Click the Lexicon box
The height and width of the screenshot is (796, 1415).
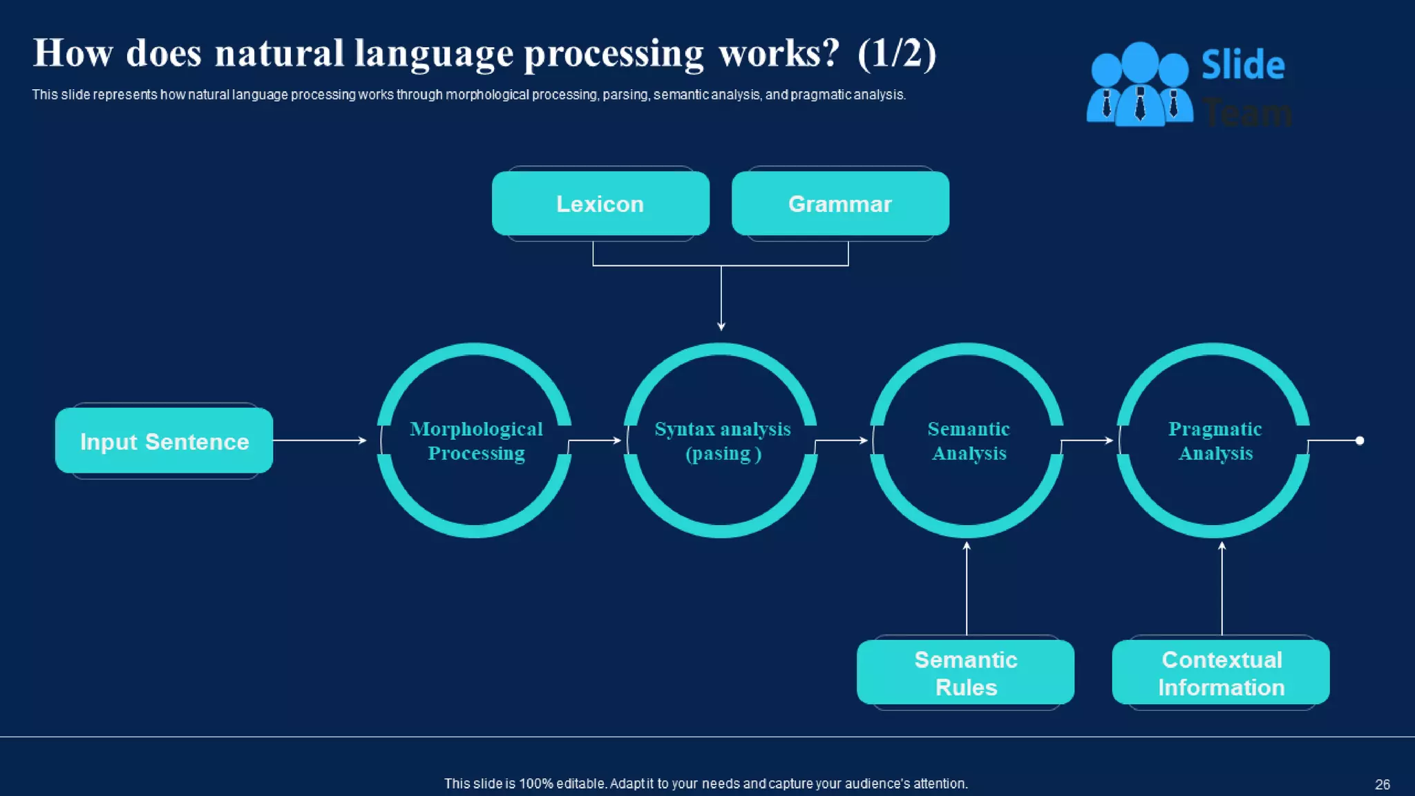click(600, 204)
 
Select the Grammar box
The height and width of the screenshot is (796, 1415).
click(840, 204)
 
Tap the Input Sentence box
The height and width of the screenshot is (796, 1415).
click(164, 441)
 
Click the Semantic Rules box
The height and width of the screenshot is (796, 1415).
click(965, 673)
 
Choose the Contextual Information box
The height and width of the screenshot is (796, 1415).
click(1221, 673)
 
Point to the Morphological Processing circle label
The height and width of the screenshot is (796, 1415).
click(476, 441)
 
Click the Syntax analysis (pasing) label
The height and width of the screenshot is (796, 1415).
click(723, 441)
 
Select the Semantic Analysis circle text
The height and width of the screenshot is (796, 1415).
click(969, 441)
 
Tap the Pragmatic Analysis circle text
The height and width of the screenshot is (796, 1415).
click(1215, 441)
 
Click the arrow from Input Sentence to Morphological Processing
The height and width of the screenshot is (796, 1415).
click(319, 440)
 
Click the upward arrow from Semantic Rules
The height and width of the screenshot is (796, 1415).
click(967, 587)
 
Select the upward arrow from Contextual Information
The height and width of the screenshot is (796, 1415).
click(1222, 587)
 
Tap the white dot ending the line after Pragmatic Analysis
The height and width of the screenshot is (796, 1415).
click(1359, 440)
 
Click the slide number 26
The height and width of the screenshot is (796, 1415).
click(1382, 784)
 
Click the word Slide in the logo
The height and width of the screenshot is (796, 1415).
click(1243, 65)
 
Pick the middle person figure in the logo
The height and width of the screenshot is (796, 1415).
click(1140, 83)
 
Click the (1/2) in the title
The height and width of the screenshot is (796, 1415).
click(896, 53)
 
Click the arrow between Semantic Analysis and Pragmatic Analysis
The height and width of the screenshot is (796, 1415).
click(1087, 440)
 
